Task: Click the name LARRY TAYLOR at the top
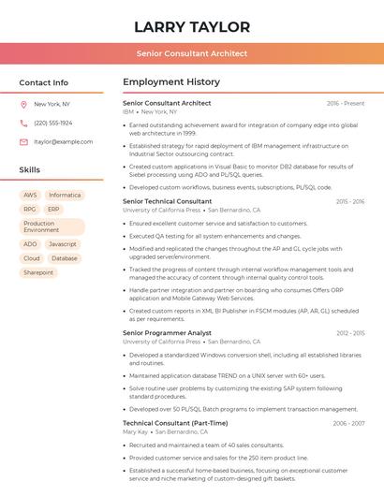[x=192, y=26]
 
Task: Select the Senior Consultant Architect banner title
[x=192, y=53]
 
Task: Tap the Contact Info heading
[x=43, y=82]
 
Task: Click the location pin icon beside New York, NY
[x=23, y=105]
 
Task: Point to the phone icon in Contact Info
[x=23, y=124]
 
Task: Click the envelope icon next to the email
[x=23, y=142]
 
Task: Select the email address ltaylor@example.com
[x=64, y=142]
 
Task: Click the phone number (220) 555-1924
[x=52, y=124]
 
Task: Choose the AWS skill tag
[x=30, y=196]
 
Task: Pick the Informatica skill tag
[x=65, y=196]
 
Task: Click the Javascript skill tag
[x=63, y=244]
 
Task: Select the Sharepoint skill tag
[x=38, y=272]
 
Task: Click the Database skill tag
[x=65, y=258]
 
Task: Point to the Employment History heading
[x=171, y=82]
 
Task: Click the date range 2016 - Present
[x=346, y=103]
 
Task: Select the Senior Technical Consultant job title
[x=168, y=201]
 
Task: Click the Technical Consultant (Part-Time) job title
[x=174, y=423]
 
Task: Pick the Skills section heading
[x=30, y=170]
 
